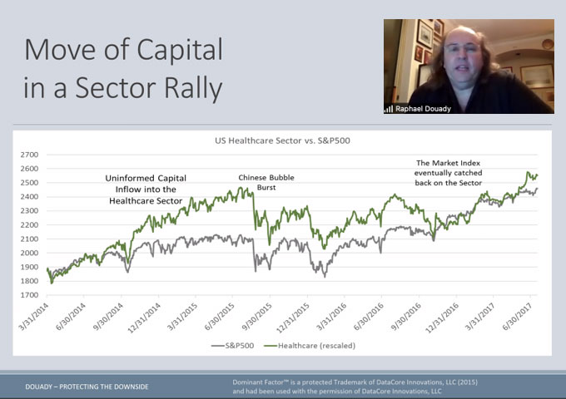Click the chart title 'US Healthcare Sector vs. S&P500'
[x=282, y=140]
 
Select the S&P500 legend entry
[x=233, y=346]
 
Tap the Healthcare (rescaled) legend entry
[x=310, y=346]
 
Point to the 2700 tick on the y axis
[x=30, y=155]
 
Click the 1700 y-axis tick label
[x=30, y=295]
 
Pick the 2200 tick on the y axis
[x=30, y=225]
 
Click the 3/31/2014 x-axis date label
[x=33, y=317]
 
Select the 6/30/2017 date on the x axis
[x=518, y=317]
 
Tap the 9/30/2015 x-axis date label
[x=257, y=317]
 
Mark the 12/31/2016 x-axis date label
[x=442, y=318]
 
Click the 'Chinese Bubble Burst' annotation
[x=266, y=182]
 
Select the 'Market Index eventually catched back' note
[x=449, y=173]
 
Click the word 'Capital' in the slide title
[x=180, y=51]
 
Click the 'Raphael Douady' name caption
[x=423, y=109]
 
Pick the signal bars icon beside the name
[x=389, y=109]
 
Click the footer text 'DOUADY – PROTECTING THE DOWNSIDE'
[x=87, y=387]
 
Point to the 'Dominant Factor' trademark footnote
[x=355, y=387]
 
